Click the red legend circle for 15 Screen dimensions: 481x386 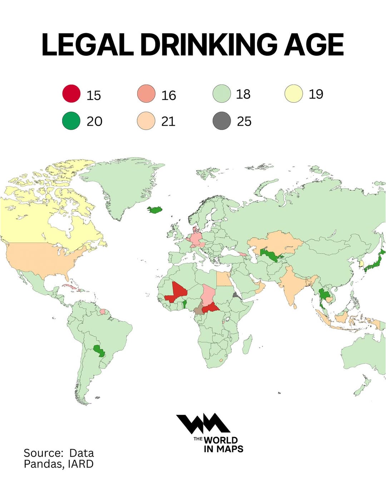pyautogui.click(x=71, y=94)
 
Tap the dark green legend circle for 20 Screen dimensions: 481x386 pyautogui.click(x=71, y=120)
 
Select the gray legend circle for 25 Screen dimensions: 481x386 pyautogui.click(x=222, y=121)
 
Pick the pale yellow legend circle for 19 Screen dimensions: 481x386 pyautogui.click(x=294, y=94)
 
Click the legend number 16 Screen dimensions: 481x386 pyautogui.click(x=168, y=95)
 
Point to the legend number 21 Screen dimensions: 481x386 pyautogui.click(x=168, y=121)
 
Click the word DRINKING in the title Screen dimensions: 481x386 pyautogui.click(x=208, y=45)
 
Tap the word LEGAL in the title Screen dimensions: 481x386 pyautogui.click(x=88, y=45)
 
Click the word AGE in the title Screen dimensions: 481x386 pyautogui.click(x=313, y=45)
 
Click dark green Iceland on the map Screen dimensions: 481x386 pyautogui.click(x=155, y=209)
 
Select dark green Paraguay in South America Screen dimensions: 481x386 pyautogui.click(x=98, y=350)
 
